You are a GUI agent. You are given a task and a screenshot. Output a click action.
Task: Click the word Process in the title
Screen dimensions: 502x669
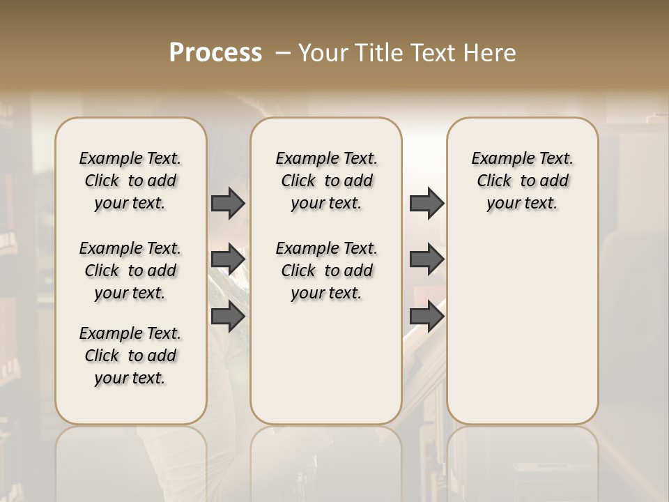pyautogui.click(x=215, y=53)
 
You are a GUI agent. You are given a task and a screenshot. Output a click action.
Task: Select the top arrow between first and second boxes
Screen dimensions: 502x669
pyautogui.click(x=228, y=203)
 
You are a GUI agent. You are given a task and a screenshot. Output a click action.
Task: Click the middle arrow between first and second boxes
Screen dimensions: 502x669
pyautogui.click(x=228, y=259)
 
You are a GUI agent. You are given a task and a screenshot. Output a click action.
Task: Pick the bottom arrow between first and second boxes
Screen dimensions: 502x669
pyautogui.click(x=228, y=316)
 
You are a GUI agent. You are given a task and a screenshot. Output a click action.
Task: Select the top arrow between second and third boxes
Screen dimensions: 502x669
pyautogui.click(x=426, y=203)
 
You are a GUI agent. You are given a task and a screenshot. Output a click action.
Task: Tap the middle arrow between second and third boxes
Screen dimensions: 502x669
pyautogui.click(x=426, y=259)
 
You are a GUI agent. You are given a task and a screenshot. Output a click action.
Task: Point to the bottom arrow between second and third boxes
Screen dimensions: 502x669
pyautogui.click(x=426, y=316)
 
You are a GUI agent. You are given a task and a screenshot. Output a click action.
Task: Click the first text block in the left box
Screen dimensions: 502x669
pyautogui.click(x=130, y=181)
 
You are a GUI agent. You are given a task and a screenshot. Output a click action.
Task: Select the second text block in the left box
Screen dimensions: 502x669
pyautogui.click(x=130, y=271)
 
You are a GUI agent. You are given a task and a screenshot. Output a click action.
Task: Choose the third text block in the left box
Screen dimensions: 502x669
pyautogui.click(x=130, y=356)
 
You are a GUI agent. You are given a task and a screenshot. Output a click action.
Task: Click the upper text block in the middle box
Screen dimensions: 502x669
pyautogui.click(x=327, y=181)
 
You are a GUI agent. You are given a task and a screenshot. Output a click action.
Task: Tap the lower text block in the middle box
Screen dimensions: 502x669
pyautogui.click(x=327, y=271)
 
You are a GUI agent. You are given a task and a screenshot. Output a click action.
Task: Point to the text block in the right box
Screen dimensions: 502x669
pyautogui.click(x=523, y=181)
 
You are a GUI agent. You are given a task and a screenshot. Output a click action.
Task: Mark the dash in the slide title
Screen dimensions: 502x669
pyautogui.click(x=283, y=53)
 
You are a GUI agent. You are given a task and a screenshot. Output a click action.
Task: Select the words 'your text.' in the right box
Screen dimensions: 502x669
pyautogui.click(x=523, y=204)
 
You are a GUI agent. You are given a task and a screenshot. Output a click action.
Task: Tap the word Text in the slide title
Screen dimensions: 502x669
pyautogui.click(x=432, y=53)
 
